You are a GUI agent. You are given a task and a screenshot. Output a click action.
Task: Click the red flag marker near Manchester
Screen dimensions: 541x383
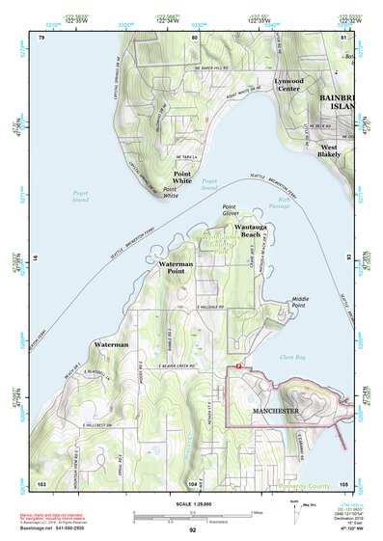238,366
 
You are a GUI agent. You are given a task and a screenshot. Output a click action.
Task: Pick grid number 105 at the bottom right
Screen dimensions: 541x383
344,482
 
